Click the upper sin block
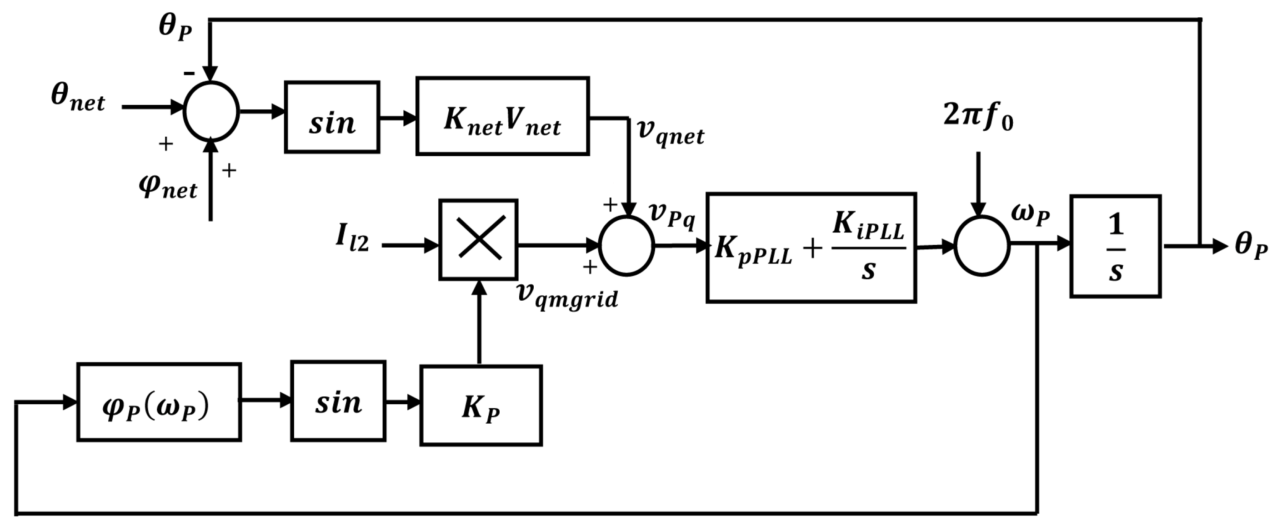pos(332,117)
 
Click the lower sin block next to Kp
pos(338,401)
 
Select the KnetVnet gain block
pos(502,116)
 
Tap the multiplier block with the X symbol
pos(478,240)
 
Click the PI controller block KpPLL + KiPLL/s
pos(811,248)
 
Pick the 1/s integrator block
pos(1116,246)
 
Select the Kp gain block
pos(481,406)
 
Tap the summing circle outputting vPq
pos(626,246)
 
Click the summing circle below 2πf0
pos(982,246)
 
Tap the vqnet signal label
pos(671,132)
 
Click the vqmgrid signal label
pos(567,295)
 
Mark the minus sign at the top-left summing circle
pos(189,73)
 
